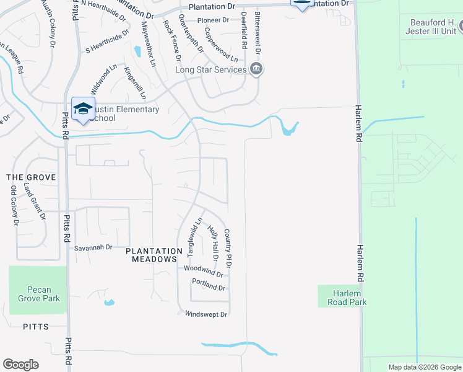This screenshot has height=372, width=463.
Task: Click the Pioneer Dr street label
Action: tap(213, 20)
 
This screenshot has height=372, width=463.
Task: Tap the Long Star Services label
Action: tap(211, 69)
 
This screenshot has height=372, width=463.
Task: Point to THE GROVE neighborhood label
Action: tap(31, 177)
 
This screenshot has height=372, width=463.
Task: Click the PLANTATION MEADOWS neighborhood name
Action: tap(152, 255)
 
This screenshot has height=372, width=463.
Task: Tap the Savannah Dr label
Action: tap(93, 247)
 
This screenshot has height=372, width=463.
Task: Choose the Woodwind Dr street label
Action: tap(204, 270)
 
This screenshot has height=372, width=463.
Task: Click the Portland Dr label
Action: tap(209, 286)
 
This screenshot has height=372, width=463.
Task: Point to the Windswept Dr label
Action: tap(207, 314)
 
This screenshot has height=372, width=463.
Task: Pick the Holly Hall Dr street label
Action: tap(213, 243)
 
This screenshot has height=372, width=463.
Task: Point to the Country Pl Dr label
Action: tap(228, 248)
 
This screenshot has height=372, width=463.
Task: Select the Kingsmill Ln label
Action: tap(135, 83)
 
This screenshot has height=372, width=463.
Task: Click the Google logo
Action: tap(20, 365)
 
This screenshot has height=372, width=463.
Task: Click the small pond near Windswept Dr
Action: tap(109, 303)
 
